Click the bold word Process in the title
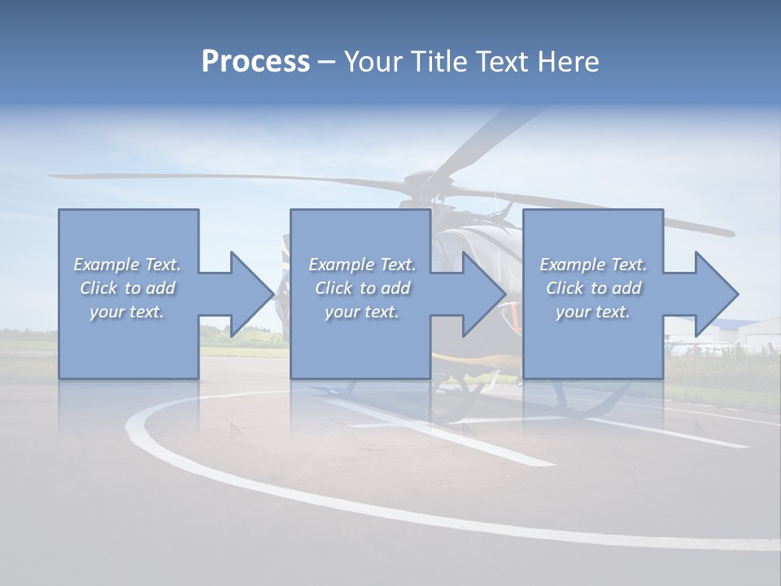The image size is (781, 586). coord(255,62)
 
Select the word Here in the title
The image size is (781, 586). coord(569,62)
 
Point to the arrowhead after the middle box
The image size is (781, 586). coord(483,294)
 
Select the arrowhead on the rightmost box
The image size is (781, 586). coord(715,294)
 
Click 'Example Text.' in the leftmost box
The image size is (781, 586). coord(127,265)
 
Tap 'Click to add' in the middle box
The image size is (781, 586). coord(362,288)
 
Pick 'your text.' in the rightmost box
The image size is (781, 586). coord(593,312)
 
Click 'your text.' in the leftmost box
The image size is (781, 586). coord(127,312)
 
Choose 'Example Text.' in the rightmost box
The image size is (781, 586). coord(593,265)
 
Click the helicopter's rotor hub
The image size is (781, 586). coord(423,177)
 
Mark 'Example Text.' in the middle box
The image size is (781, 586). coord(362,265)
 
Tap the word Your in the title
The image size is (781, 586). coord(375,62)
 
